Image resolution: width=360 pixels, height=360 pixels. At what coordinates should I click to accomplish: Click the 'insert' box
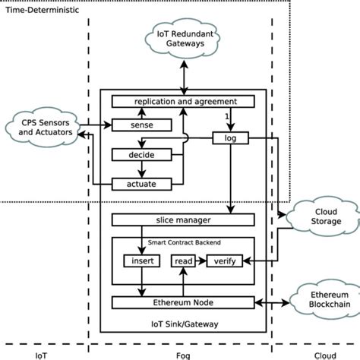coord(141,261)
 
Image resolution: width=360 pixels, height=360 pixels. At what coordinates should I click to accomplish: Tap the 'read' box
coord(183,261)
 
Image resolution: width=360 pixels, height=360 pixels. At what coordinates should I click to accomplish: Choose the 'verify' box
coord(226,261)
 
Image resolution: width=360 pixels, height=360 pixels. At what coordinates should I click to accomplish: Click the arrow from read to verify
coord(201,261)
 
